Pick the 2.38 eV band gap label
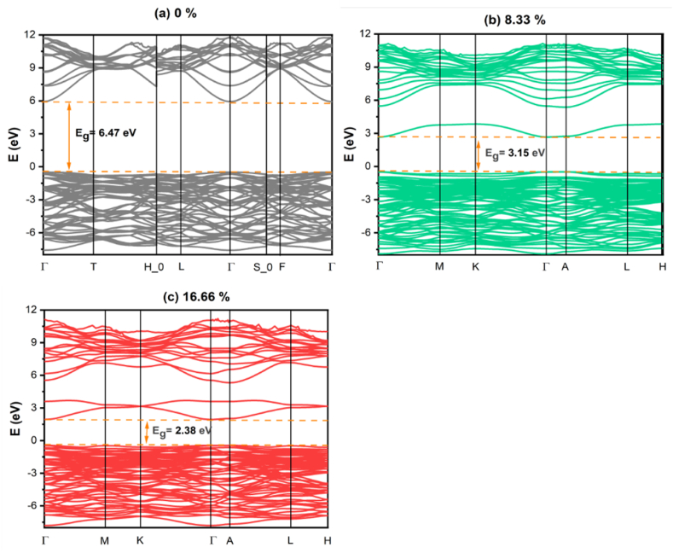click(x=182, y=431)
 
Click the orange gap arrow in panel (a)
click(x=69, y=137)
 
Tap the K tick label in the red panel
click(x=140, y=541)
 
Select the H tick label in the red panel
click(x=328, y=541)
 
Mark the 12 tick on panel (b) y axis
click(x=364, y=34)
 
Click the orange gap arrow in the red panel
click(x=147, y=432)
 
